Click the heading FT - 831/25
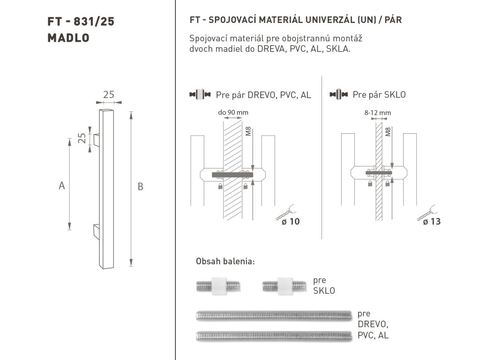click(81, 22)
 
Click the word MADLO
click(68, 38)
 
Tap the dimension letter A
click(62, 186)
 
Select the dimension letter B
click(140, 187)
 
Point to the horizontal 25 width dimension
click(109, 95)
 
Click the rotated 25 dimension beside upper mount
click(82, 138)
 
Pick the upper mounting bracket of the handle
click(97, 140)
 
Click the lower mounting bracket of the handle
click(97, 232)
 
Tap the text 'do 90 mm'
click(233, 112)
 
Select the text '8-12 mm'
click(377, 112)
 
